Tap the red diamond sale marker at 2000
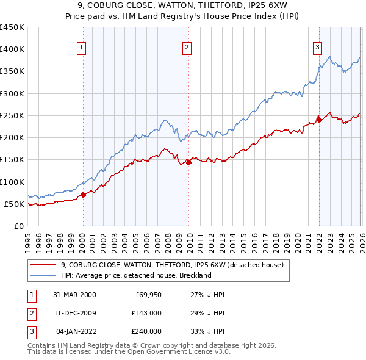tap(83, 195)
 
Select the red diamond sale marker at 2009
tap(188, 162)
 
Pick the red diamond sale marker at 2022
tap(319, 120)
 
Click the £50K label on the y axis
tap(15, 204)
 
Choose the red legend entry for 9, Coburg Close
tap(172, 265)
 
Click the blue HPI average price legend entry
tap(135, 275)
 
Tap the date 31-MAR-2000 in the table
tap(74, 295)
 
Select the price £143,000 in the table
tap(146, 313)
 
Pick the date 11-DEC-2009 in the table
tap(74, 313)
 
